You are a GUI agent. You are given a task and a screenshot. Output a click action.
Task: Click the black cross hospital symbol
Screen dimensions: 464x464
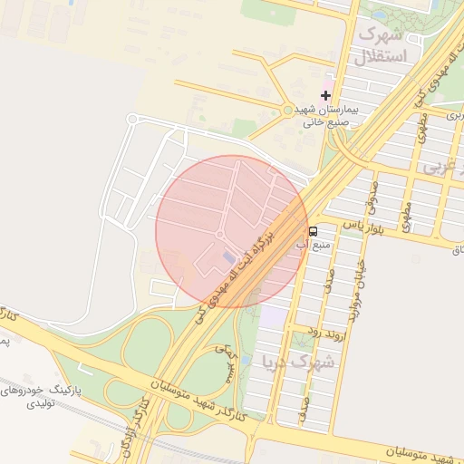coord(325,95)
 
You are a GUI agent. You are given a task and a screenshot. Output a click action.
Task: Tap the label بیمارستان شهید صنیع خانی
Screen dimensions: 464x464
coord(330,114)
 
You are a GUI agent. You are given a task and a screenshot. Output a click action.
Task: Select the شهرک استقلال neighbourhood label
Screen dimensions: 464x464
coord(384,45)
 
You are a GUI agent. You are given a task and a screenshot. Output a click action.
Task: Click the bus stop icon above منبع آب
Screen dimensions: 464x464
coord(313,231)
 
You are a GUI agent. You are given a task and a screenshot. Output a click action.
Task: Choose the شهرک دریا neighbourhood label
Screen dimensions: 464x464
coord(298,361)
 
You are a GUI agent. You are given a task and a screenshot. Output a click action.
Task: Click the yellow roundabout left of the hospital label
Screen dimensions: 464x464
coord(288,110)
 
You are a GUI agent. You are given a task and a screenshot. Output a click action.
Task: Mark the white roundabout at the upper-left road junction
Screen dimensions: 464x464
coord(131,119)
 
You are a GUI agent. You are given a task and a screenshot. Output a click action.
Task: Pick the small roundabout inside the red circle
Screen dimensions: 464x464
coord(219,235)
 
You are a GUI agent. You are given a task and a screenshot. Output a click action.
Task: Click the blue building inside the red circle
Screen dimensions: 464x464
coord(228,259)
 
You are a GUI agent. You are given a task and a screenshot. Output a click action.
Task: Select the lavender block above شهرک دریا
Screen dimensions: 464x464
coord(273,317)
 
